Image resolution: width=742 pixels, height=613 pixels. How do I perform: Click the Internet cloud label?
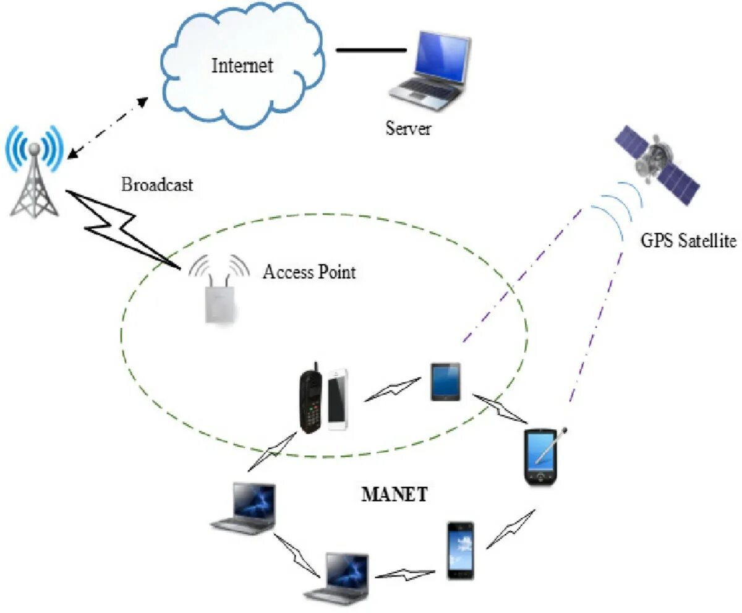click(x=242, y=66)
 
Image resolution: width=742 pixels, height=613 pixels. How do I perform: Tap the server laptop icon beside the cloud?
click(x=430, y=71)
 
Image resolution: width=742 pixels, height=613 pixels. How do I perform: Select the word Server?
click(x=408, y=129)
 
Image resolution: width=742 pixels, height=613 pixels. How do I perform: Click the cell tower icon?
click(x=35, y=173)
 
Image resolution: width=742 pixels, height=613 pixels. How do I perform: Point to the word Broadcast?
click(x=157, y=184)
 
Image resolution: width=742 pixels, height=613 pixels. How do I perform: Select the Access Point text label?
click(x=309, y=272)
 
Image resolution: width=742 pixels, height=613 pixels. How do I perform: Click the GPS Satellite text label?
click(x=688, y=240)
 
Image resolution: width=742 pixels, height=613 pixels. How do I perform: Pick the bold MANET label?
click(x=394, y=495)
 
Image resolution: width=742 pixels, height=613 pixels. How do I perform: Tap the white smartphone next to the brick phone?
click(x=338, y=399)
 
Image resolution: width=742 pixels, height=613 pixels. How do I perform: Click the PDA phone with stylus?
click(x=541, y=458)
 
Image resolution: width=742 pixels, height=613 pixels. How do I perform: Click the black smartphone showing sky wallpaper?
click(x=460, y=551)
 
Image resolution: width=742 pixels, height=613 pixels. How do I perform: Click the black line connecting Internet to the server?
click(x=371, y=49)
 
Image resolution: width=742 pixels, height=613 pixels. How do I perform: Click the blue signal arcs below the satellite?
click(x=615, y=207)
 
